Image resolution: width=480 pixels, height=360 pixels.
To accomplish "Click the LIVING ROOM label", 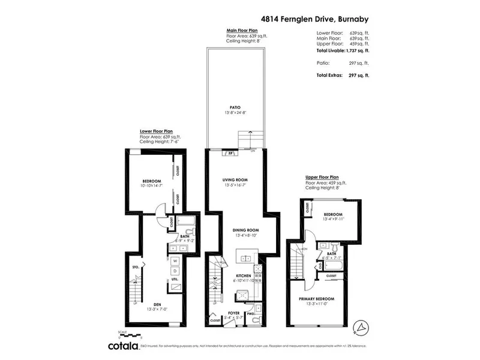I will [235, 179].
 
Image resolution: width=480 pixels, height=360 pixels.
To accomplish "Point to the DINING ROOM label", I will [246, 230].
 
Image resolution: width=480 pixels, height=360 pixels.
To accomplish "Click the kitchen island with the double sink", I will [246, 259].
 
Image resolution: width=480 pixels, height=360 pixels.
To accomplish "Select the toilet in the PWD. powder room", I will [255, 320].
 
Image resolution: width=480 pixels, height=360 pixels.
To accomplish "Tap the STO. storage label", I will [135, 267].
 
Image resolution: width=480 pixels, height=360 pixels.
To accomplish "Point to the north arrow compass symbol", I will [360, 326].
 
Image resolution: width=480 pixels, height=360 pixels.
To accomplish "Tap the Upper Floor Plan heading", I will [322, 178].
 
